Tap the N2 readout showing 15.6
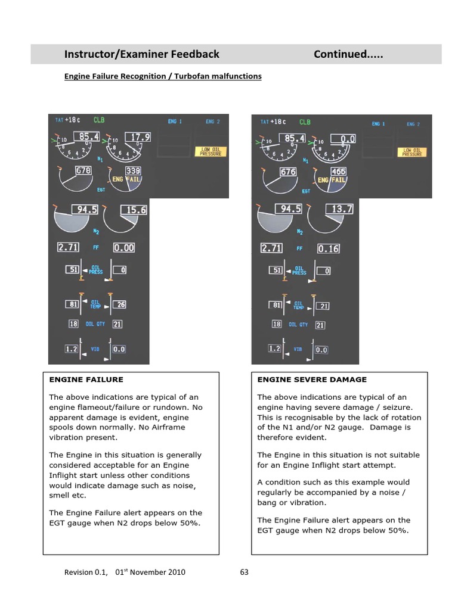pyautogui.click(x=134, y=210)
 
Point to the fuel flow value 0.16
pyautogui.click(x=329, y=248)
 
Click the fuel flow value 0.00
pyautogui.click(x=124, y=247)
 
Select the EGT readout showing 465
pyautogui.click(x=338, y=172)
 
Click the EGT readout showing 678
pyautogui.click(x=83, y=171)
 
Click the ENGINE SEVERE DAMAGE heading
pyautogui.click(x=312, y=379)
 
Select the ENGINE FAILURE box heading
pyautogui.click(x=86, y=379)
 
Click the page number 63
pyautogui.click(x=244, y=572)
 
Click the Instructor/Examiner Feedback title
pyautogui.click(x=142, y=55)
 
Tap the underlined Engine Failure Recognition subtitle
pyautogui.click(x=163, y=76)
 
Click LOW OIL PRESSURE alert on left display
pyautogui.click(x=211, y=152)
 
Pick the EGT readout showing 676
pyautogui.click(x=288, y=172)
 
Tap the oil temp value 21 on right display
pyautogui.click(x=323, y=306)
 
